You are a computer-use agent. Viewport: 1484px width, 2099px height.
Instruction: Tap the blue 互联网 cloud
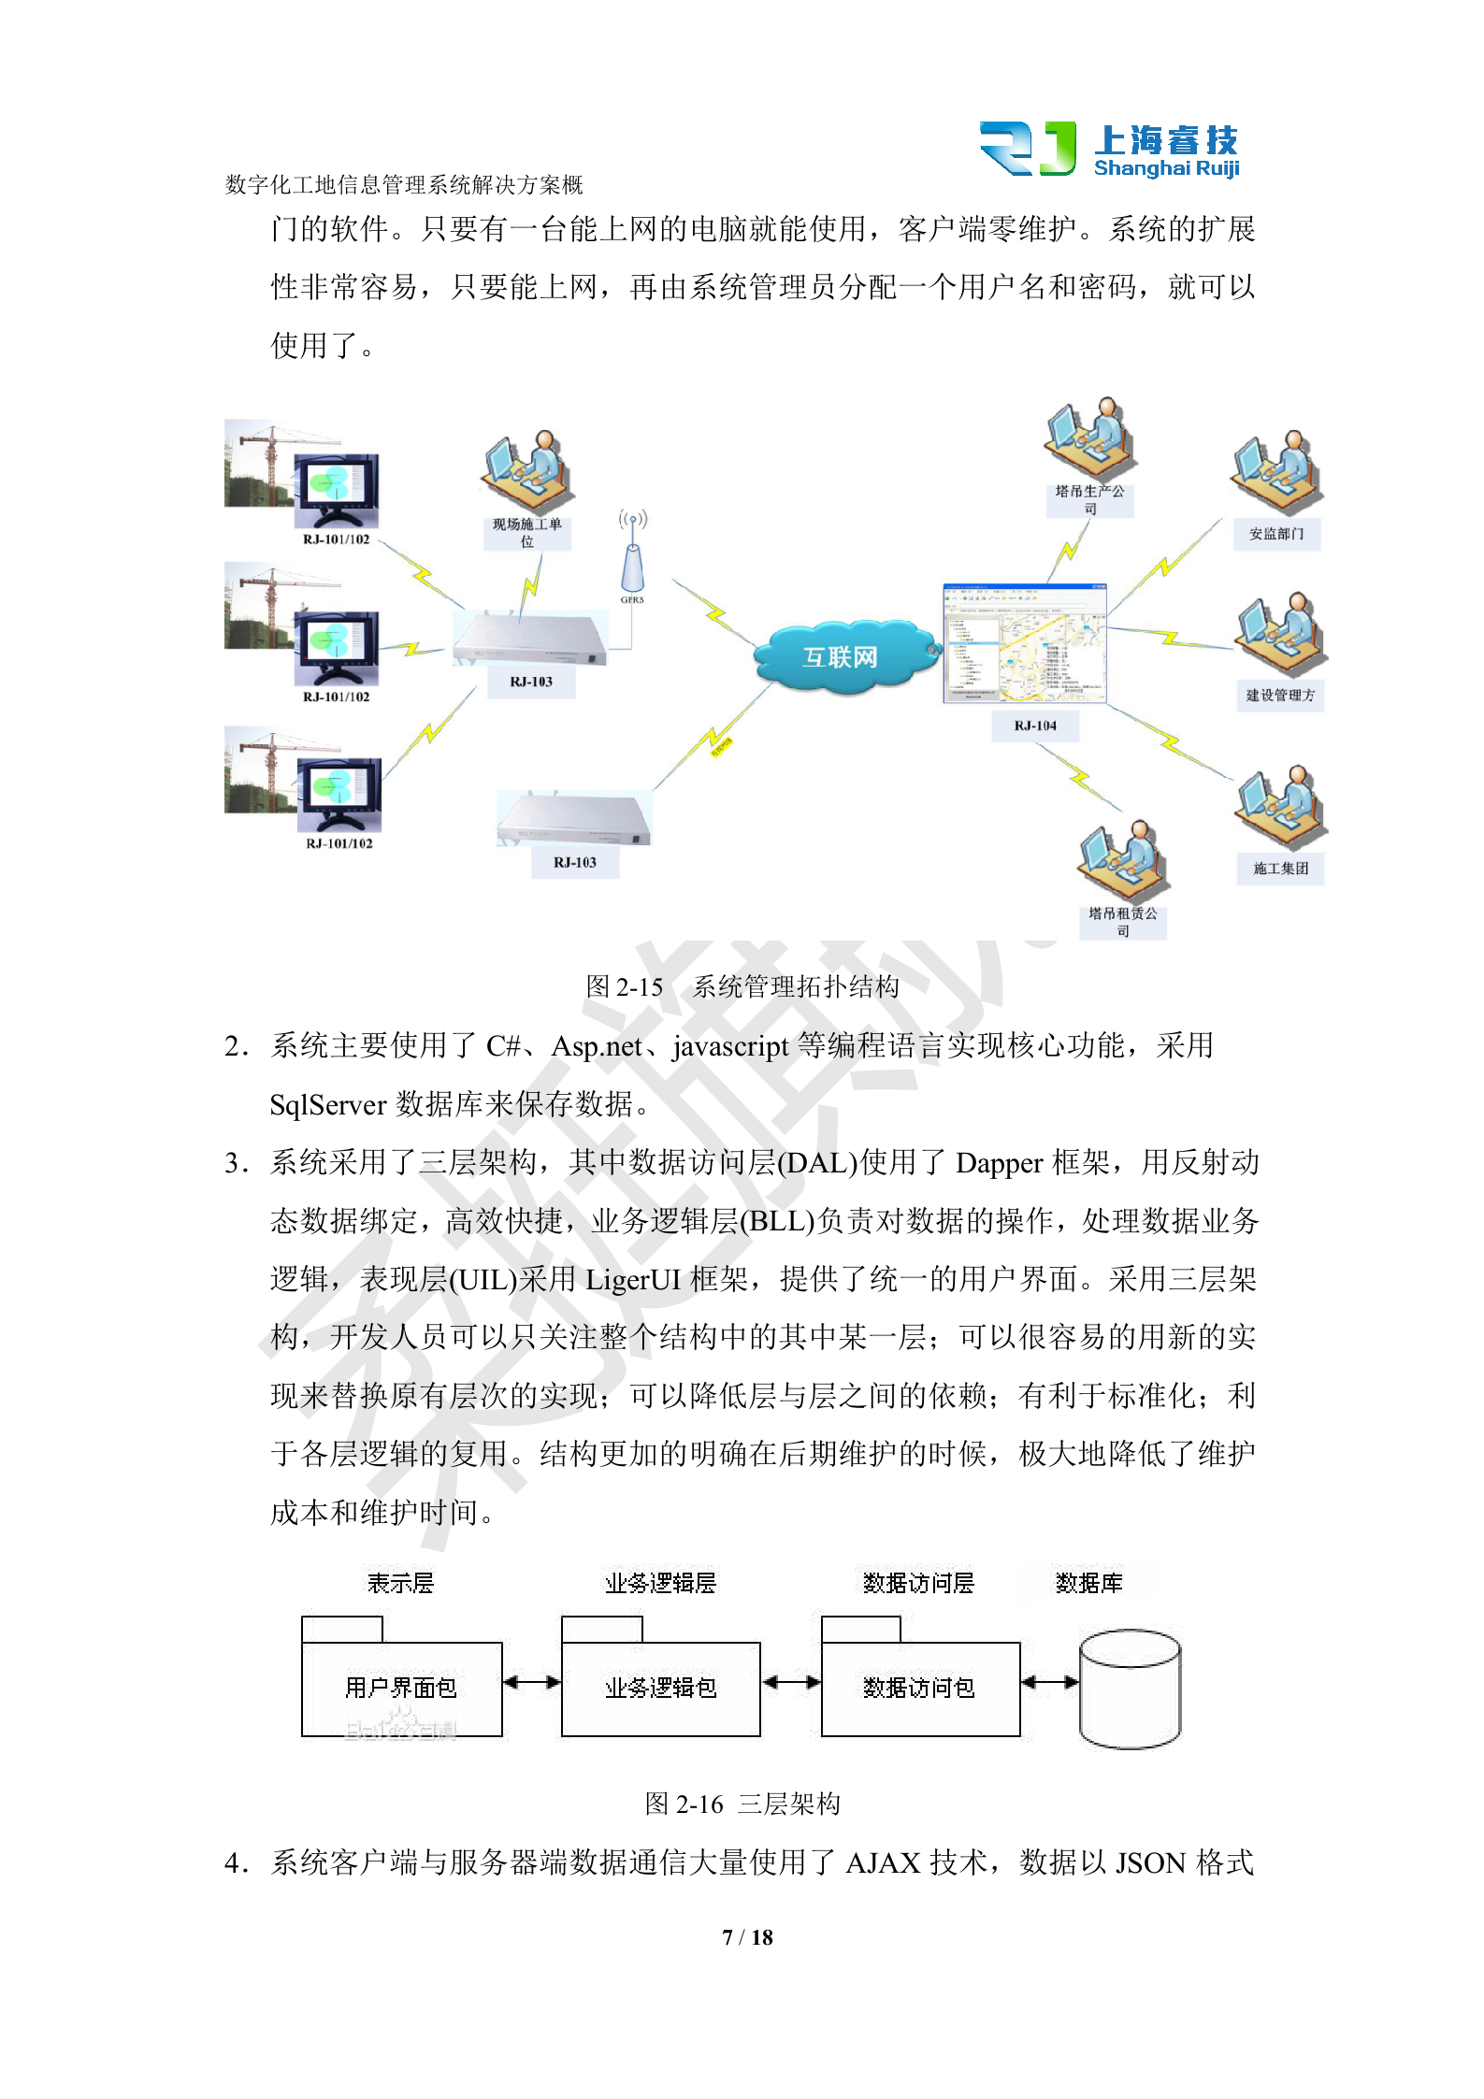841,657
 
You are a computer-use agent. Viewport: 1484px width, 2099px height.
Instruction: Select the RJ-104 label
1035,726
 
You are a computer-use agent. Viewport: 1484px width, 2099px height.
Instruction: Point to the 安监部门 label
1276,534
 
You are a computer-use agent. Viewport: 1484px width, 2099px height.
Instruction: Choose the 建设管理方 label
1279,695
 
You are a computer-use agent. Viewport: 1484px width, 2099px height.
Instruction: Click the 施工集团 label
1280,869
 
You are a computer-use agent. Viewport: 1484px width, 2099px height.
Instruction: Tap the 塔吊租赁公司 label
1122,922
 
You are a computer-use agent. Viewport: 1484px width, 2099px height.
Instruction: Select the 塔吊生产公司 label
1089,499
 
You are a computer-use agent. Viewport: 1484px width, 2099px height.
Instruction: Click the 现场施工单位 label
526,533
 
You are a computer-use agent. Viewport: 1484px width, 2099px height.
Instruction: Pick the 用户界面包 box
401,1687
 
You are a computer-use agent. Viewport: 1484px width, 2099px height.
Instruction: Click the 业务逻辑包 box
661,1687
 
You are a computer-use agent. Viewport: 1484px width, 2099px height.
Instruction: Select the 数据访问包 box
920,1687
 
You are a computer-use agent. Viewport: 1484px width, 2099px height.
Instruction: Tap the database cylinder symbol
1130,1689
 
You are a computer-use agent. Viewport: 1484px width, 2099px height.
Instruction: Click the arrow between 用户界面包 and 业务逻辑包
532,1683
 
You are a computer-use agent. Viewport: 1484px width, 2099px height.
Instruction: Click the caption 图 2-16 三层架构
742,1804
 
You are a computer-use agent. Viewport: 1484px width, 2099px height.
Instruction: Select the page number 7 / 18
747,1937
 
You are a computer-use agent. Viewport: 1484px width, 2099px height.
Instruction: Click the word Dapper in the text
999,1163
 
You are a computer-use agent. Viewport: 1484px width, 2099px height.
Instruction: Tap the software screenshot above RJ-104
1025,643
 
